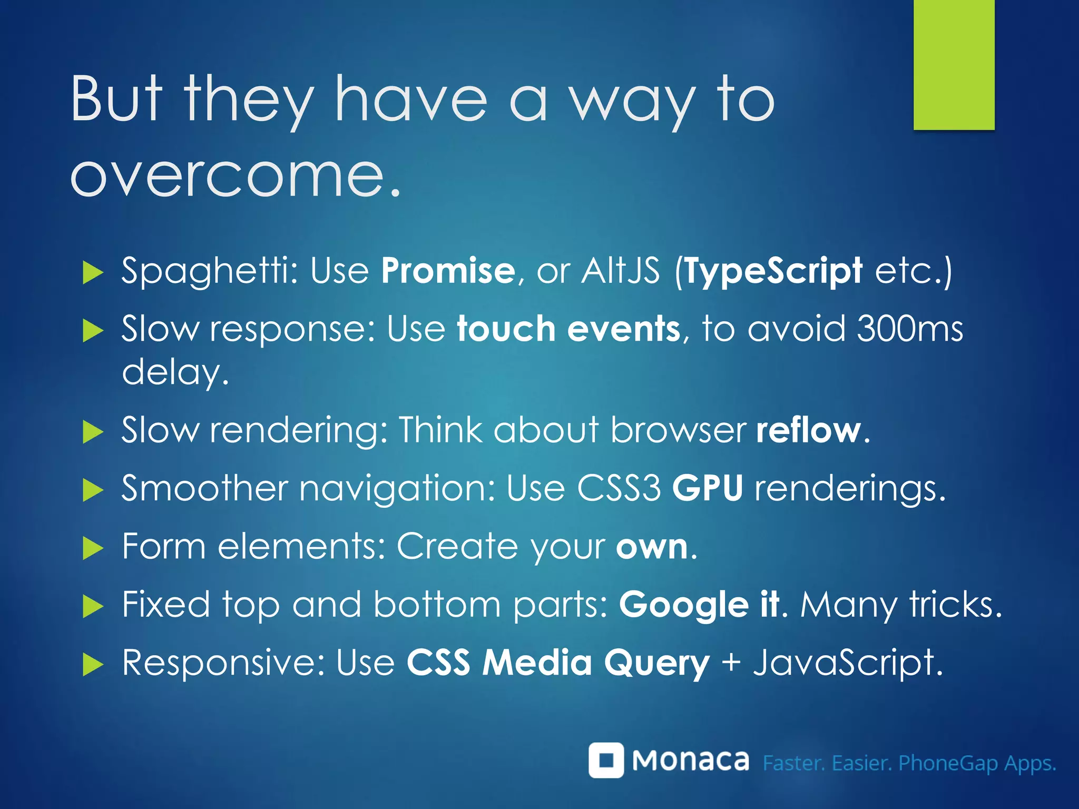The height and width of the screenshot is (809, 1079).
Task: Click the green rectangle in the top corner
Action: (x=954, y=64)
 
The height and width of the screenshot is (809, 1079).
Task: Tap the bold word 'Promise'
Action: (x=448, y=271)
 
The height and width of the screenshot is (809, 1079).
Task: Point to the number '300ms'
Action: (x=910, y=329)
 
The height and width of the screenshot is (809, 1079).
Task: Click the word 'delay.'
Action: (x=175, y=372)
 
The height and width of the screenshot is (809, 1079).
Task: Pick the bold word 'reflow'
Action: (x=808, y=430)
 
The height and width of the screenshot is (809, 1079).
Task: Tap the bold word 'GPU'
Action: (x=708, y=488)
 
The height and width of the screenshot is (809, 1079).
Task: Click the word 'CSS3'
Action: (x=619, y=488)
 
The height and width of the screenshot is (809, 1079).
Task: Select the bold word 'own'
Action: (x=652, y=547)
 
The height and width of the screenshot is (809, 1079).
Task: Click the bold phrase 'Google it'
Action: (x=699, y=605)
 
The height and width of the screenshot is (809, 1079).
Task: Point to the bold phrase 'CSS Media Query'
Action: (x=558, y=663)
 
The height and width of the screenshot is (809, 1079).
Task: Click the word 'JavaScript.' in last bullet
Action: (x=848, y=663)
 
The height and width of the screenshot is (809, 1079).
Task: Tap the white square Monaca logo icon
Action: (x=606, y=760)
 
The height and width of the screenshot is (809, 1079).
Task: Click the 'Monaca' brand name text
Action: (x=690, y=761)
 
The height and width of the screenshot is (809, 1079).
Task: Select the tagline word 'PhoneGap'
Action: (x=948, y=763)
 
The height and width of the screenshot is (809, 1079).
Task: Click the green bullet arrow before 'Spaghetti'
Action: (x=93, y=273)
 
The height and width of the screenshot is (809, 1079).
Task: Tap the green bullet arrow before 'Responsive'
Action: (x=93, y=665)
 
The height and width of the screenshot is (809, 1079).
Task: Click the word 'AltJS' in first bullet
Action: (x=620, y=271)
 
